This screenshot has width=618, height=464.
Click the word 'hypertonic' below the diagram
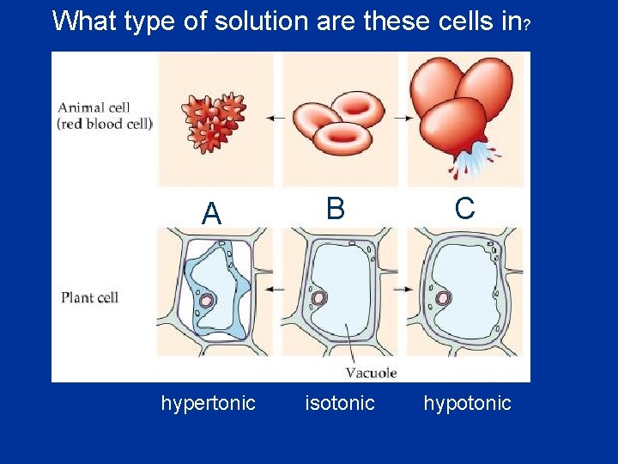208,403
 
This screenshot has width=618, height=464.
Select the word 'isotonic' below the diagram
340,403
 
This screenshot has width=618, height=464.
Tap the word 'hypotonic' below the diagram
467,403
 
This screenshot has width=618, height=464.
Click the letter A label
211,213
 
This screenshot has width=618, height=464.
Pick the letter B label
335,208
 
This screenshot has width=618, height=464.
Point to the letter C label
464,208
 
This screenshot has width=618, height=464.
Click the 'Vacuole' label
371,372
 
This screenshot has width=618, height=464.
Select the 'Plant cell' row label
89,298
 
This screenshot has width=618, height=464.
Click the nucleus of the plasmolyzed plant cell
207,301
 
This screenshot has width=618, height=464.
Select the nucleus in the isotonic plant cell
319,298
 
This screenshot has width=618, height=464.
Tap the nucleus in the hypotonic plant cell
444,299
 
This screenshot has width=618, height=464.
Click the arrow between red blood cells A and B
276,118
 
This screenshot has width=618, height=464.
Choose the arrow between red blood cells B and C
403,118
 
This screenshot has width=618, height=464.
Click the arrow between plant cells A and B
275,290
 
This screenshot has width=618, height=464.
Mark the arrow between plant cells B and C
403,290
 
